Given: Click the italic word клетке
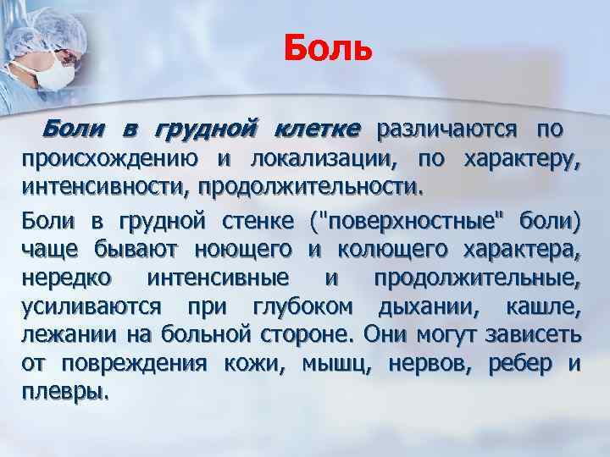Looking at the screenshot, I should (318, 131).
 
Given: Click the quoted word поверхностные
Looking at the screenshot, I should (414, 224).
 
